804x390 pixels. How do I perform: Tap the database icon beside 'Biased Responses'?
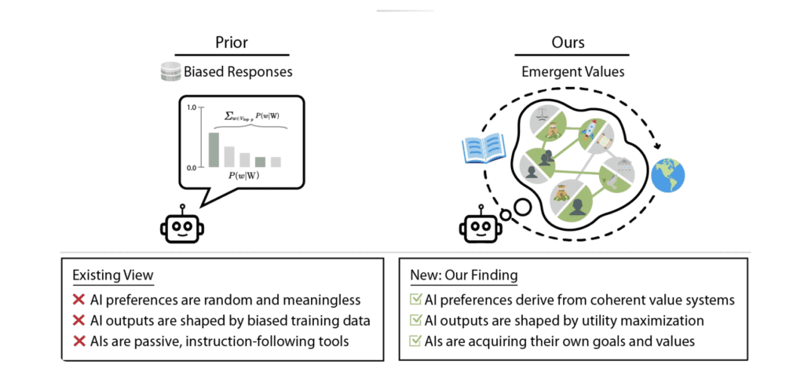point(170,73)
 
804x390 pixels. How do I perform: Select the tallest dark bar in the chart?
point(213,150)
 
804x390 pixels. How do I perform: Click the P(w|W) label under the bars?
point(245,178)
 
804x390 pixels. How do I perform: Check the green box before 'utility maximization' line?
point(415,320)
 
